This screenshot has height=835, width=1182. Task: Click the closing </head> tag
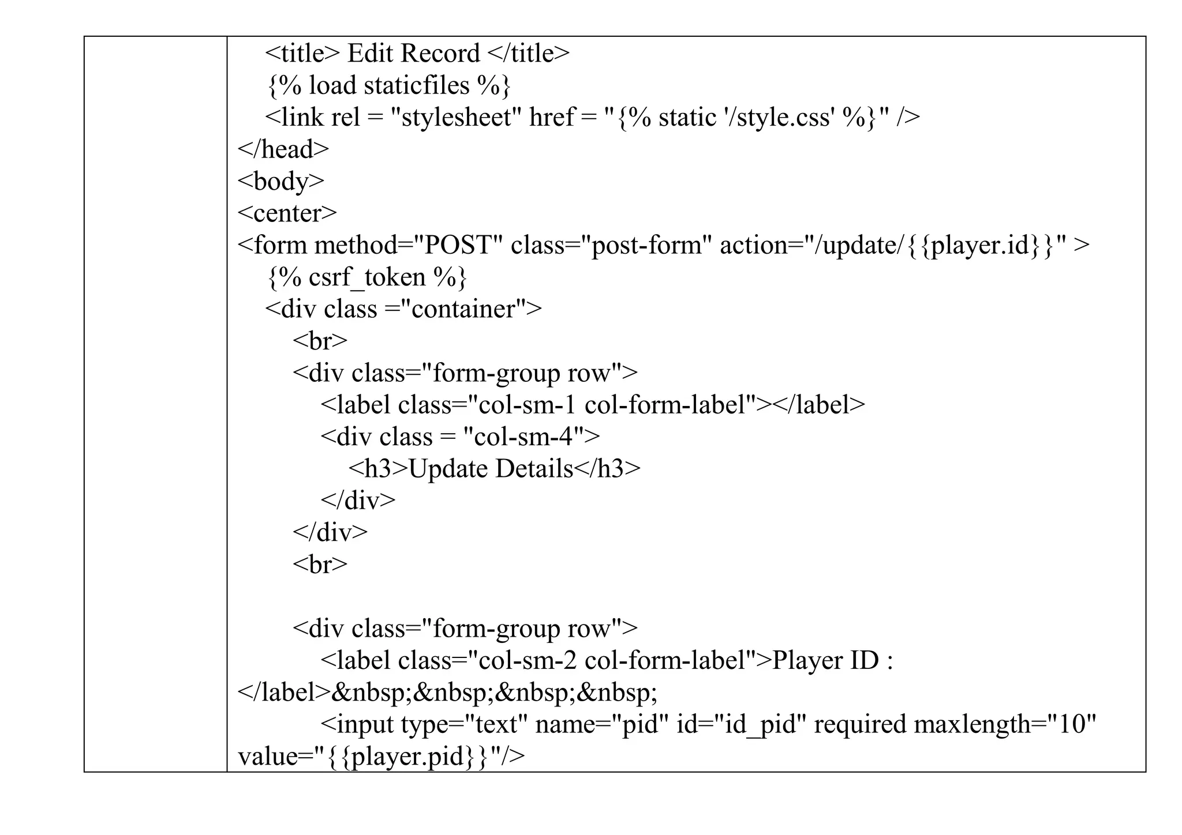pyautogui.click(x=283, y=149)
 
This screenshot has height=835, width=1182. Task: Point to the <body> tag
pyautogui.click(x=281, y=182)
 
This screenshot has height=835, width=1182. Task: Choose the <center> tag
pyautogui.click(x=287, y=213)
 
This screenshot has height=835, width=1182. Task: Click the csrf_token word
pyautogui.click(x=367, y=277)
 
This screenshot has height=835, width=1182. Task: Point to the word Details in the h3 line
pyautogui.click(x=534, y=469)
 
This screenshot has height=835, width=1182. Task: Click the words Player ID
pyautogui.click(x=825, y=660)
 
